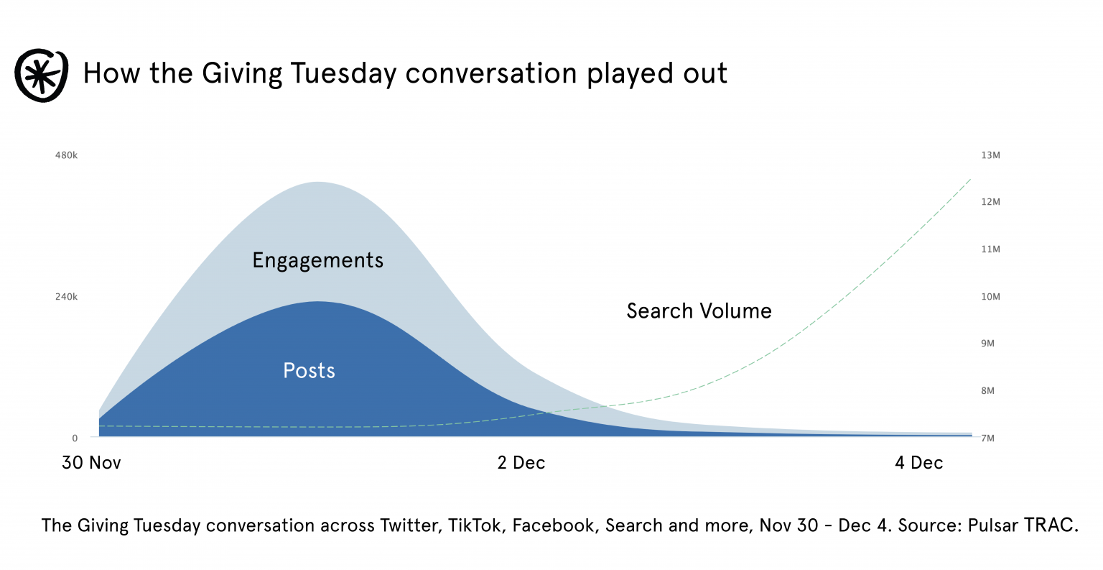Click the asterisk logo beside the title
click(42, 75)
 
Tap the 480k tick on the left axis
click(66, 155)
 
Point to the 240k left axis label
click(66, 297)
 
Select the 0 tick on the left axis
click(75, 438)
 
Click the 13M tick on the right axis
click(990, 155)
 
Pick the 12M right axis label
click(990, 202)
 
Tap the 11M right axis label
click(990, 249)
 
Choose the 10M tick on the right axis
click(990, 297)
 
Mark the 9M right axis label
click(988, 344)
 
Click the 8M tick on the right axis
click(988, 391)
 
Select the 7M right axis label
click(988, 438)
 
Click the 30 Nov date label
click(91, 463)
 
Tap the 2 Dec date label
click(521, 463)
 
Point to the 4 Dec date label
click(918, 463)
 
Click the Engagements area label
click(317, 260)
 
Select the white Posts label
click(309, 370)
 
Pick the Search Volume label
click(699, 311)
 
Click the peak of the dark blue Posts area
click(317, 303)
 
